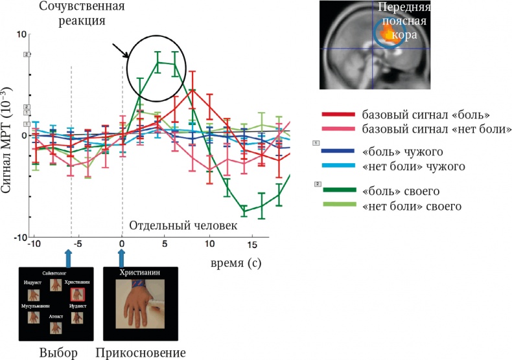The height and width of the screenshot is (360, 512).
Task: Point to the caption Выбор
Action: point(59,352)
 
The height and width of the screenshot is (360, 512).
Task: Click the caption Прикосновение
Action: point(141,352)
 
